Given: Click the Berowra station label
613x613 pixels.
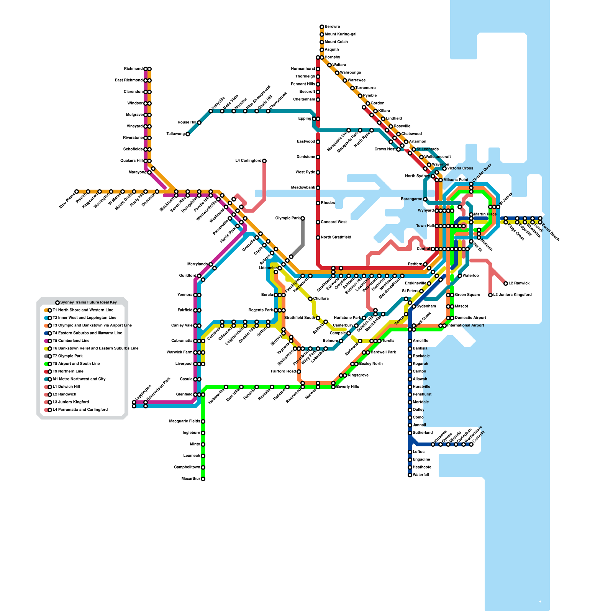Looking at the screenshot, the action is click(332, 27).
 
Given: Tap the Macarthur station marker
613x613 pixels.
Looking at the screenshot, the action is click(203, 479).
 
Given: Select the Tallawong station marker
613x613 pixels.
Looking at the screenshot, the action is click(188, 134).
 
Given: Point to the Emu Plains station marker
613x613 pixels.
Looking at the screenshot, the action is click(77, 192).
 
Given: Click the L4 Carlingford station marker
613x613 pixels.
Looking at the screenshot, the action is click(264, 161).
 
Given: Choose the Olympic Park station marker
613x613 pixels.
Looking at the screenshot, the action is click(303, 218).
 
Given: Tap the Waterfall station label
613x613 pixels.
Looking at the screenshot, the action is click(421, 475).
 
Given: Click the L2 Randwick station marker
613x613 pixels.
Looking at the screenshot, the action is click(506, 284).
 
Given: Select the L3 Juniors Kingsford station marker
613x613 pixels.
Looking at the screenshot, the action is click(490, 295).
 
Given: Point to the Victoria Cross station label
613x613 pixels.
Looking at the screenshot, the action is click(460, 169).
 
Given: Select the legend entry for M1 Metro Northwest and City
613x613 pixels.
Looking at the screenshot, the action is click(79, 379).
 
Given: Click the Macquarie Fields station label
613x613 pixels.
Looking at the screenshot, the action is click(185, 421).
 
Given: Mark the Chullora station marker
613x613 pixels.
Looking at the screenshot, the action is click(310, 299).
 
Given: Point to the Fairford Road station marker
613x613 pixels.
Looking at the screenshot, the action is click(299, 372).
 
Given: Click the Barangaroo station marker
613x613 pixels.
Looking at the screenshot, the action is click(425, 199).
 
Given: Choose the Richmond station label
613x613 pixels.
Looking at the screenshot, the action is click(133, 69).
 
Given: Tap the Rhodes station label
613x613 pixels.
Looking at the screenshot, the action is click(328, 203).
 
